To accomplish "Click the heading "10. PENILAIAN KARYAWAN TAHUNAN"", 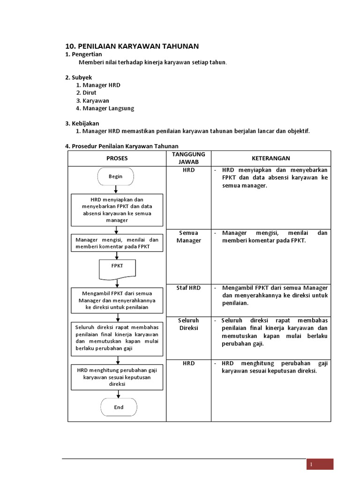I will click(132, 46).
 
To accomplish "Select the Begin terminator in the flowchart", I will click(116, 177).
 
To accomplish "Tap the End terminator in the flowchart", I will click(119, 407).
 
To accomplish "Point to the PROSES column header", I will click(117, 158).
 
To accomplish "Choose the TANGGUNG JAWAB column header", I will click(188, 158).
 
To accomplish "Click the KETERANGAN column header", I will click(270, 158).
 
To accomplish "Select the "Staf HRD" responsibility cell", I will click(188, 288).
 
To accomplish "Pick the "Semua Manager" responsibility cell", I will click(188, 237).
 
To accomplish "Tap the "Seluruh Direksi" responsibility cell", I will click(188, 324).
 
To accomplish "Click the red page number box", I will click(320, 464).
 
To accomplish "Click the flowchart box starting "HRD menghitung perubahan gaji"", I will click(117, 377).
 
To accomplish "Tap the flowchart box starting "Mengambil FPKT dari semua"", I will click(117, 300).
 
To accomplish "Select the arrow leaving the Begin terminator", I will click(116, 189).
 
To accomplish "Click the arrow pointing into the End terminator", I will click(117, 394).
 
